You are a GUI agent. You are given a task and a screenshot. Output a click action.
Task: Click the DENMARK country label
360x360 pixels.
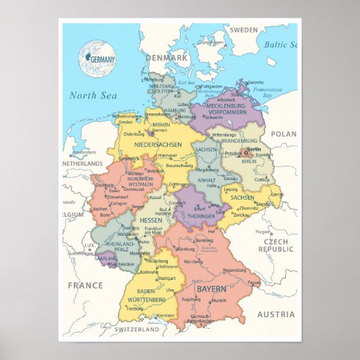point(165,58)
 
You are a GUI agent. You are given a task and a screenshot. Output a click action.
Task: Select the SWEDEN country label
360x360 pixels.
point(244,30)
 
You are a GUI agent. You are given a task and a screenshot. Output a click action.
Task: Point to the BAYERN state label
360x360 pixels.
point(212,289)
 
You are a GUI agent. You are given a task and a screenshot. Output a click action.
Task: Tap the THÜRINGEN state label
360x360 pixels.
point(201,215)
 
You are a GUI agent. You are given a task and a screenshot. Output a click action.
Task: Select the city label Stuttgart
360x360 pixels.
point(166,278)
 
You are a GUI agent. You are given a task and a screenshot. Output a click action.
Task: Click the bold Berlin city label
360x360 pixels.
point(254,149)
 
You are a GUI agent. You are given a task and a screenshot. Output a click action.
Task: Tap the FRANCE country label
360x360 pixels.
point(85,285)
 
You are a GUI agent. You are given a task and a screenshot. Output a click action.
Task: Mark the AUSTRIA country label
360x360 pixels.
point(276,314)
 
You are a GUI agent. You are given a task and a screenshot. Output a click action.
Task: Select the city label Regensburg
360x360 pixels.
point(234,270)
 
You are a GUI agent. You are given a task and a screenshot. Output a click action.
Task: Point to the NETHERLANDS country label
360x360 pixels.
point(82,164)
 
